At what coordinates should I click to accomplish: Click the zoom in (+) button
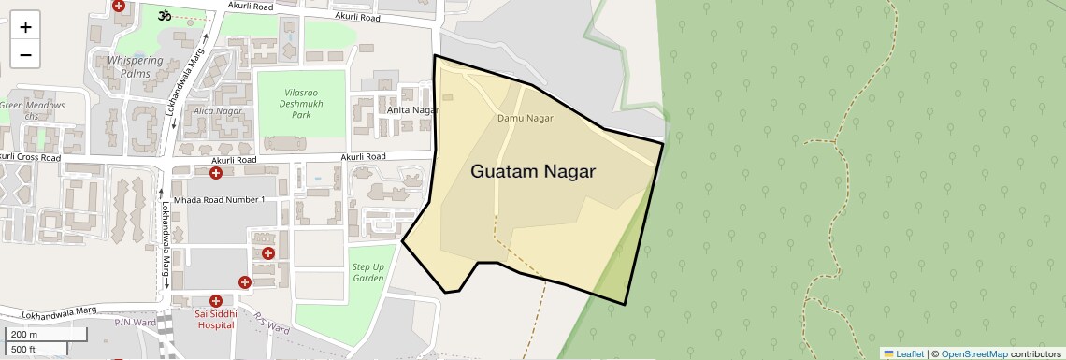coord(25,27)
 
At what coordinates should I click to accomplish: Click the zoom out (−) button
coord(25,54)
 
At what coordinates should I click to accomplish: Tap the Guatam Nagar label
coord(532,172)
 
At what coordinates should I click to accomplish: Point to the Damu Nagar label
coord(525,119)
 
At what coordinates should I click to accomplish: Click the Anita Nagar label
coord(412,110)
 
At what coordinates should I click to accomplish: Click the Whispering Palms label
coord(135,66)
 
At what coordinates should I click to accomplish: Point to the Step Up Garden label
coord(367,273)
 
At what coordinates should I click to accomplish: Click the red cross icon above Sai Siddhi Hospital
coord(216,301)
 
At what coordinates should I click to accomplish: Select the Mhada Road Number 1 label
coord(219,200)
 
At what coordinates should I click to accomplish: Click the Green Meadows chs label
coord(32,110)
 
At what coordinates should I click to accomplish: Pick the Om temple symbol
coord(165,15)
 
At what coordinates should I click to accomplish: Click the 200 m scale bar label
coord(25,335)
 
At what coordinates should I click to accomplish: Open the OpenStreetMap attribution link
coord(973,353)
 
